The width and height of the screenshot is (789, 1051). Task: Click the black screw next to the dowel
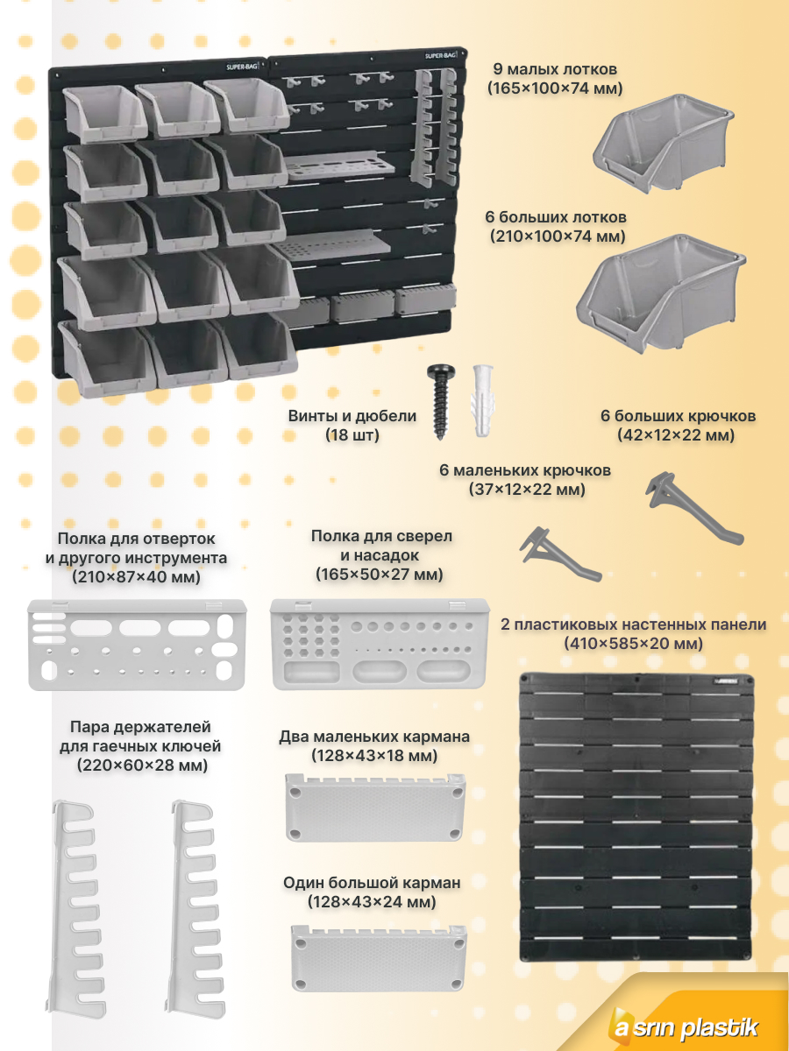(441, 401)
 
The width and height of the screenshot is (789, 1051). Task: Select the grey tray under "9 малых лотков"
(664, 144)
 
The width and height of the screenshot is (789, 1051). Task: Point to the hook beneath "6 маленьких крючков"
(561, 554)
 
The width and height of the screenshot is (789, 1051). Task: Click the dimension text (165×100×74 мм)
(555, 88)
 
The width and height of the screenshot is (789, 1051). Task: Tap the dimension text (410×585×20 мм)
(633, 644)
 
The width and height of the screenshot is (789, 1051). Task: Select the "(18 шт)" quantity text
(352, 435)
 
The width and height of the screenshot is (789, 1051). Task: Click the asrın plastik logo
(685, 1027)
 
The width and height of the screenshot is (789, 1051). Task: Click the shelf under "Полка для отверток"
(137, 645)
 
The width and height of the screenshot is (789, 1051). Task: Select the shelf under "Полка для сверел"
(380, 644)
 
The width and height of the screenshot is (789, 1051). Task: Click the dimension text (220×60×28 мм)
(142, 765)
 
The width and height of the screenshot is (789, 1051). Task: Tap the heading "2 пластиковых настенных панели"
(633, 624)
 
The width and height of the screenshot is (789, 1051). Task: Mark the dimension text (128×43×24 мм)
(372, 902)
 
